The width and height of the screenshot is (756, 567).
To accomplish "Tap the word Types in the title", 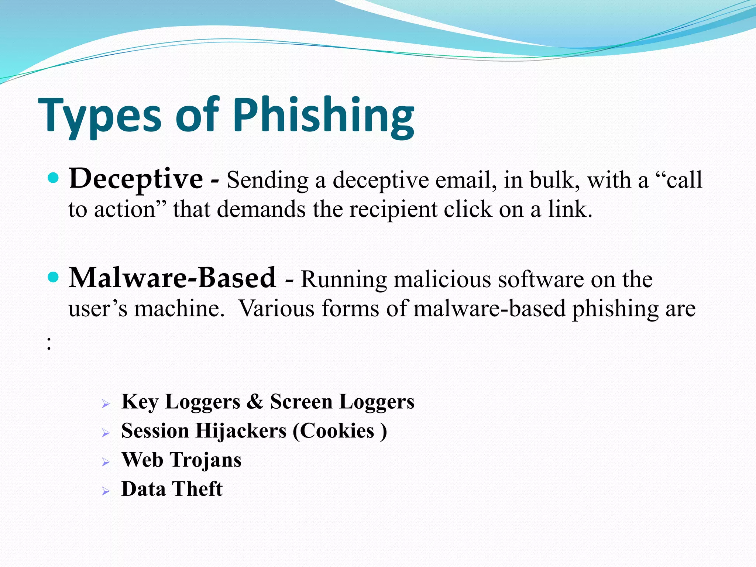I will tap(100, 115).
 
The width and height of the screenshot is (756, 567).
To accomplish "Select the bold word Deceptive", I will tap(136, 179).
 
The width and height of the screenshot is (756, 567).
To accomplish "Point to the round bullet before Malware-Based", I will tap(54, 277).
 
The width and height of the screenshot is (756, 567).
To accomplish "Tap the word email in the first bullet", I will tap(465, 181).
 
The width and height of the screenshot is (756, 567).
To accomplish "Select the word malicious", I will tap(442, 279).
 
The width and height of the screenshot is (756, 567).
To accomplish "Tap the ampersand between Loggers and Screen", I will tap(255, 401).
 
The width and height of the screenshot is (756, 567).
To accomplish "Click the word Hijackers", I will tap(241, 431).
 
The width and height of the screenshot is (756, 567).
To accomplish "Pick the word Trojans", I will tap(206, 460).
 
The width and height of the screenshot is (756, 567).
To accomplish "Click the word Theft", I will tap(197, 489).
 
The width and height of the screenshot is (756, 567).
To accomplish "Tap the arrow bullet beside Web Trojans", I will tap(106, 462).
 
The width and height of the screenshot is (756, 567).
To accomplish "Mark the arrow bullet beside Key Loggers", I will tap(106, 404).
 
